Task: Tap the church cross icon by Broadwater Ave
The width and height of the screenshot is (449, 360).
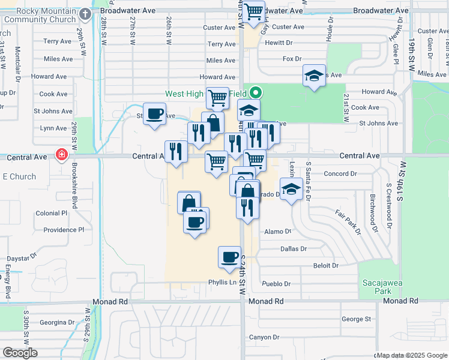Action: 85,14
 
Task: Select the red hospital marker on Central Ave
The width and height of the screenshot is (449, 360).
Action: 61,155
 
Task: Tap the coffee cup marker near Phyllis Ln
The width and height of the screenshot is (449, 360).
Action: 229,257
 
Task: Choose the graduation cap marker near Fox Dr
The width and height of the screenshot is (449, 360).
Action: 313,76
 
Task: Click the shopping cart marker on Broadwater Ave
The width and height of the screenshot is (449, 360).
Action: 255,11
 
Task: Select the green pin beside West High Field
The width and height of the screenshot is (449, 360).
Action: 256,93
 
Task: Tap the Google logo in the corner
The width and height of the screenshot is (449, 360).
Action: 20,353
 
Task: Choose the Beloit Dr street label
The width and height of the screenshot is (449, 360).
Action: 327,265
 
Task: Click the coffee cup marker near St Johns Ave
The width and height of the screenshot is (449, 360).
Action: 155,113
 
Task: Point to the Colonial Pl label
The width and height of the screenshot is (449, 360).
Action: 51,213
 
